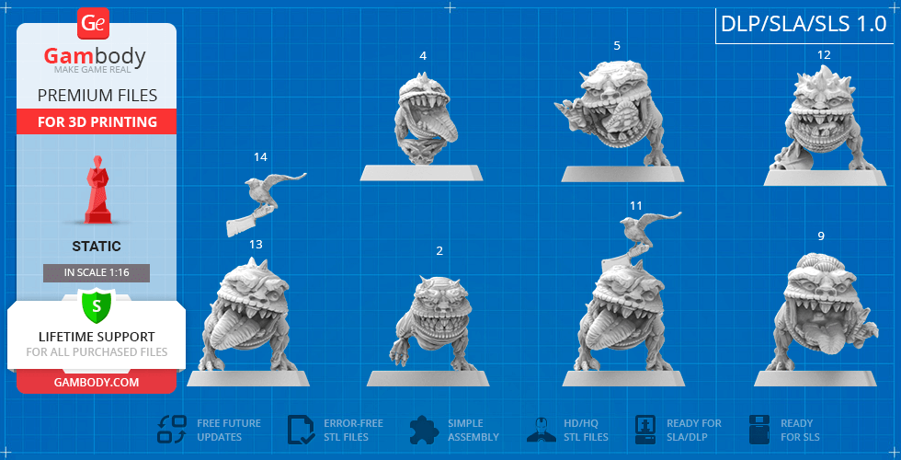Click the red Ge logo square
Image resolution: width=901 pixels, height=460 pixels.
[x=93, y=24]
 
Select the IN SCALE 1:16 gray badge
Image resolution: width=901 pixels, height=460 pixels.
[x=97, y=273]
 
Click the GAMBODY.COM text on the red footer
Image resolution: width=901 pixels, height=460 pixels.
[x=97, y=383]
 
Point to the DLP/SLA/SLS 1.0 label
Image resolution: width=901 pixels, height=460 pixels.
[x=804, y=24]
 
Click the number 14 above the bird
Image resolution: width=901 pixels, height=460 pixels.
[x=260, y=157]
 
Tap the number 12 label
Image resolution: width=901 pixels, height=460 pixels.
[x=824, y=55]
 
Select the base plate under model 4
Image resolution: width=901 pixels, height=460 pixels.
[x=421, y=173]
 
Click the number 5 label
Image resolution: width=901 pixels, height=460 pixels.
[x=617, y=45]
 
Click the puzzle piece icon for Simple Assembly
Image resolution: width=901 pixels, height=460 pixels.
[x=425, y=431]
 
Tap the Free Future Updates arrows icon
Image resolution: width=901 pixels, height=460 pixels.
[x=172, y=430]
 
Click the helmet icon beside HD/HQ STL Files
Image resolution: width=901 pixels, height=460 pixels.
[x=542, y=430]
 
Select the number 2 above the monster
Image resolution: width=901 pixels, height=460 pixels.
[x=439, y=251]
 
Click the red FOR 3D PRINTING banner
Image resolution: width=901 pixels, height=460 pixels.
[x=97, y=121]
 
